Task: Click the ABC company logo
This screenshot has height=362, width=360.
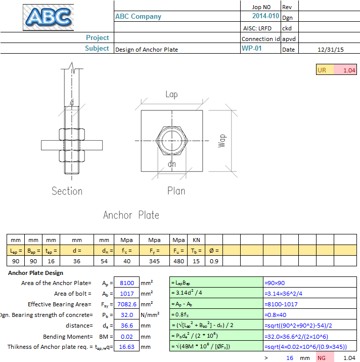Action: (48, 17)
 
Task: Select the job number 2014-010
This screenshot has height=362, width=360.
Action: (265, 16)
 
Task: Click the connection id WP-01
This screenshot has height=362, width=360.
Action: (251, 49)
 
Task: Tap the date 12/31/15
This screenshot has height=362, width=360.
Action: (330, 50)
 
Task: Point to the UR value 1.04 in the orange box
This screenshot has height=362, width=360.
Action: (349, 70)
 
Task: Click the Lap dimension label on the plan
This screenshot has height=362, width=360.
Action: (172, 95)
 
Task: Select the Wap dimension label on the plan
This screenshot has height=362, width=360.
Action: (221, 140)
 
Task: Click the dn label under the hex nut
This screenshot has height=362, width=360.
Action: (172, 165)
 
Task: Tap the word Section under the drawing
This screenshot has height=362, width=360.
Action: (67, 191)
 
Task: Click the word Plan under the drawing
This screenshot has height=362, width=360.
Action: (176, 191)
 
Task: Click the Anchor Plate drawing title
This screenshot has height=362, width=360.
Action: (131, 215)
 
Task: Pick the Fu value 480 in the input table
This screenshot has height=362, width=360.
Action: (178, 261)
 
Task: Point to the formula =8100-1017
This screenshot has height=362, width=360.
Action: (281, 304)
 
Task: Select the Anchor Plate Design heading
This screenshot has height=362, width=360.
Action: (36, 273)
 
